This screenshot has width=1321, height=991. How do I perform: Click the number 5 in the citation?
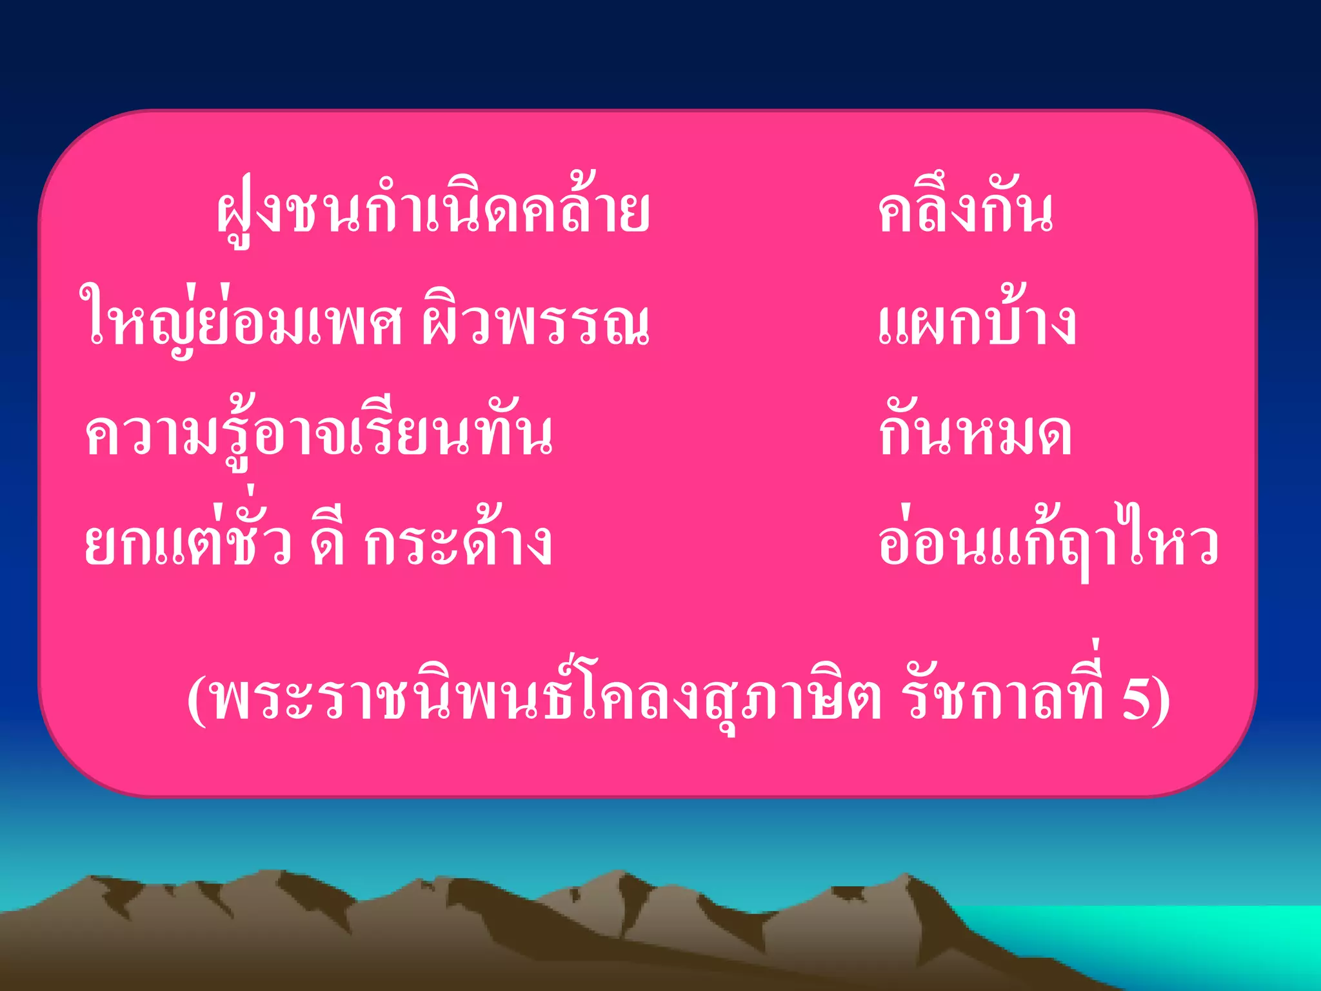point(1136,699)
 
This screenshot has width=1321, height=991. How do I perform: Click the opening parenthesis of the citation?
point(197,701)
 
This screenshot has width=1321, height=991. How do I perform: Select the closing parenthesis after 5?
point(1162,701)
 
